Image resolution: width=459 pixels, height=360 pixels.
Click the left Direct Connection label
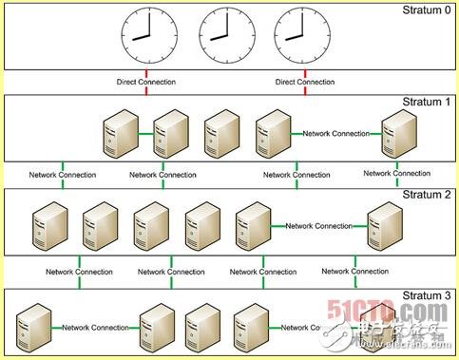coord(146,82)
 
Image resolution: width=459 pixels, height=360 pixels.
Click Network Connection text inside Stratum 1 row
coord(335,133)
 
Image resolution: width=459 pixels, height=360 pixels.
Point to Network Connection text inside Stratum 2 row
coord(318,226)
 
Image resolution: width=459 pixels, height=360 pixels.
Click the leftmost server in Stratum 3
coord(31,327)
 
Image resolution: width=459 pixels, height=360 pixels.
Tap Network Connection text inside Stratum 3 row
coord(95,327)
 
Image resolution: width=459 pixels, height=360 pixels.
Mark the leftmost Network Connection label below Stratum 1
coord(61,175)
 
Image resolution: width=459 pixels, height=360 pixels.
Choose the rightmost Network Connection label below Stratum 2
coord(354,272)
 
